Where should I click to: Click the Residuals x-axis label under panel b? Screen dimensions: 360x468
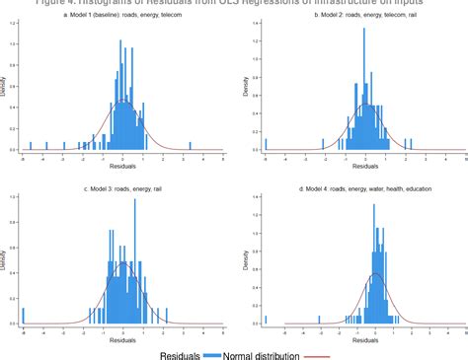(x=365, y=167)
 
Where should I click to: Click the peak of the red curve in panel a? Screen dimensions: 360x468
(x=122, y=102)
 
